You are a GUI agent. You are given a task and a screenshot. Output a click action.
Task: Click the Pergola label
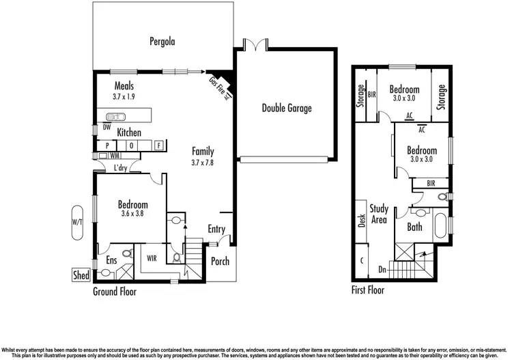click(162, 41)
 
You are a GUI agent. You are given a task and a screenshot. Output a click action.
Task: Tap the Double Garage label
click(287, 108)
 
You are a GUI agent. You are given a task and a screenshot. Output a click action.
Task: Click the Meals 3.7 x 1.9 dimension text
click(124, 97)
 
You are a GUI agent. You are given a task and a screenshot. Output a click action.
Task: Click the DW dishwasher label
click(106, 126)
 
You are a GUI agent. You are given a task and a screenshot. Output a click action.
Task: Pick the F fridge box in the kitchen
click(158, 146)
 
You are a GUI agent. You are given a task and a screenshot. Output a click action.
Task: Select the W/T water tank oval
click(77, 223)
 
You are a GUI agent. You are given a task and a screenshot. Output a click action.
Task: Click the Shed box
click(81, 275)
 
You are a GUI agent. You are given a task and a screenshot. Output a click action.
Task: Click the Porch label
click(220, 261)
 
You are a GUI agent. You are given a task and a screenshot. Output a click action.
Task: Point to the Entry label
click(216, 230)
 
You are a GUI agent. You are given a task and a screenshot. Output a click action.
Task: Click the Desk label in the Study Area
click(362, 222)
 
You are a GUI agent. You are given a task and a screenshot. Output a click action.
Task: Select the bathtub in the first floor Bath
click(440, 225)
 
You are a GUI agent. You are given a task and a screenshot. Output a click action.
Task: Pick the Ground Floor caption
click(115, 292)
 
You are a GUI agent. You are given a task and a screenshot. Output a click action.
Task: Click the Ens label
click(111, 260)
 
